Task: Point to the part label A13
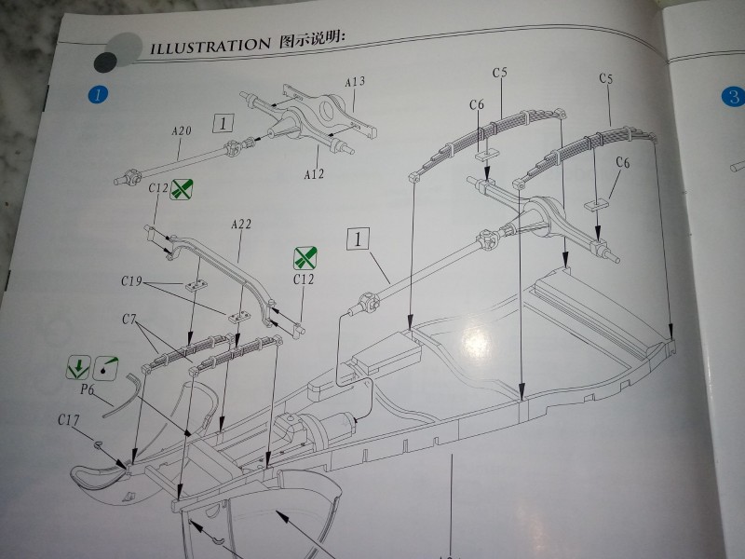pyautogui.click(x=354, y=82)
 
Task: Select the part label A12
pyautogui.click(x=315, y=174)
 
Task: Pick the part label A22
pyautogui.click(x=241, y=225)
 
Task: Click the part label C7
pyautogui.click(x=131, y=320)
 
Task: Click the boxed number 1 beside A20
pyautogui.click(x=223, y=122)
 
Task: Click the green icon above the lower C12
pyautogui.click(x=304, y=258)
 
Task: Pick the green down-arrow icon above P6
pyautogui.click(x=78, y=368)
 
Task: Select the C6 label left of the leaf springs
pyautogui.click(x=476, y=105)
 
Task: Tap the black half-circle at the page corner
pyautogui.click(x=104, y=61)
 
